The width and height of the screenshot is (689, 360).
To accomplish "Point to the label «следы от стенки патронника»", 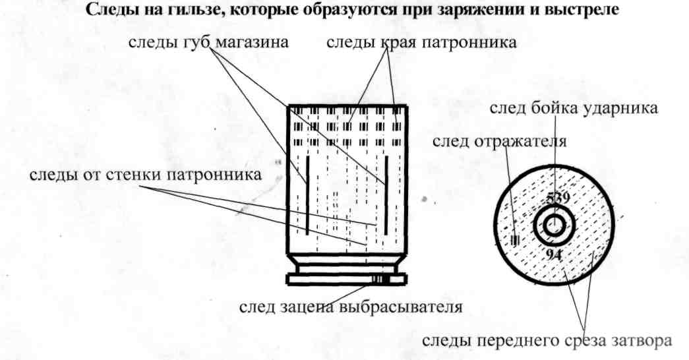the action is point(145,175).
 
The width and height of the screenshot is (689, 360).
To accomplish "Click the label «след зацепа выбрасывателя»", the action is point(350,307).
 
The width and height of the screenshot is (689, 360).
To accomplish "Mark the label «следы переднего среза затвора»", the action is point(547,341).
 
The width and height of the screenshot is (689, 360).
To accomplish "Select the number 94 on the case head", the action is point(554,255).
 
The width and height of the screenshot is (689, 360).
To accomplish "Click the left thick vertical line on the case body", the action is point(307,195).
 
